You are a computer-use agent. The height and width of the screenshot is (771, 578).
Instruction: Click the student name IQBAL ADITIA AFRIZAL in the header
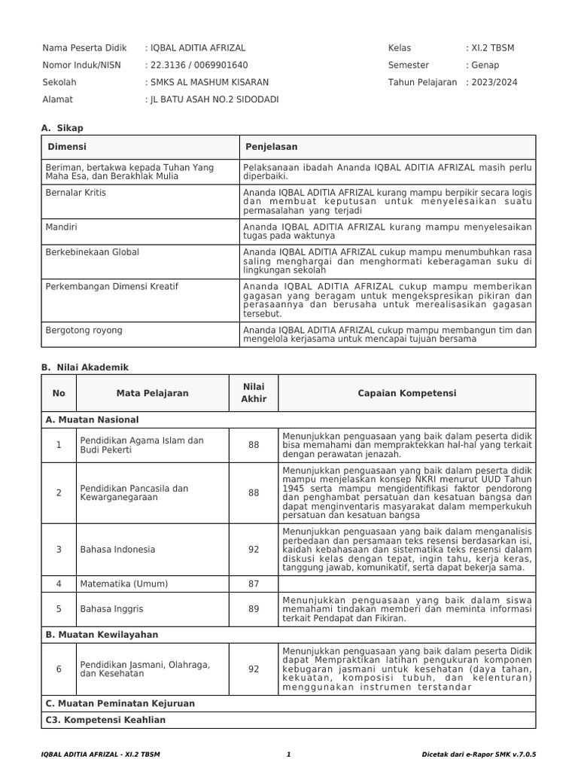[198, 47]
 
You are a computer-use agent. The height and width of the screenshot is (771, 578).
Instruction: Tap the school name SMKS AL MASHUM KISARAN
[208, 82]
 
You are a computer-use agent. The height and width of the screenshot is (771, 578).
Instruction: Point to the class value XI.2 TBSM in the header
[493, 47]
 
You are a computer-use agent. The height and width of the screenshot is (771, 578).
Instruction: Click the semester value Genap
[485, 65]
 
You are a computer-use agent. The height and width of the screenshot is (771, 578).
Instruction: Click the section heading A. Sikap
[62, 128]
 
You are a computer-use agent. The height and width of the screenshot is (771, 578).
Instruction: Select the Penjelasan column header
[271, 147]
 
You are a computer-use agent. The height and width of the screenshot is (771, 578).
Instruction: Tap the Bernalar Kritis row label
[76, 193]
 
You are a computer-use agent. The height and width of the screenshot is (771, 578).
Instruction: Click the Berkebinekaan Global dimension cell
[93, 252]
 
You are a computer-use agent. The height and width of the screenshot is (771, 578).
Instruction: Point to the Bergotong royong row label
[84, 330]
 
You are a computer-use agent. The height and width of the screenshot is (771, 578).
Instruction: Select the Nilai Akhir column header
[254, 392]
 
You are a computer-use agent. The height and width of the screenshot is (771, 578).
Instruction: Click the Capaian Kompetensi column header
[406, 393]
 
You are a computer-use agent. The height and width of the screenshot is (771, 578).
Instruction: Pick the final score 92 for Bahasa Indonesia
[254, 549]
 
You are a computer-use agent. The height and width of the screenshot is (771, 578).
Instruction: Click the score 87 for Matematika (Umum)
[254, 584]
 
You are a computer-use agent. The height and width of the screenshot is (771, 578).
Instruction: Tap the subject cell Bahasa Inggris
[111, 609]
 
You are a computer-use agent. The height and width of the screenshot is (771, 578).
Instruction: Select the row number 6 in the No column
[59, 669]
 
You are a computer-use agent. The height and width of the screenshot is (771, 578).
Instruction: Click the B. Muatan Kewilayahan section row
[102, 635]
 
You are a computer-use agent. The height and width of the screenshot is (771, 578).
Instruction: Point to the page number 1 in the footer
[288, 754]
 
